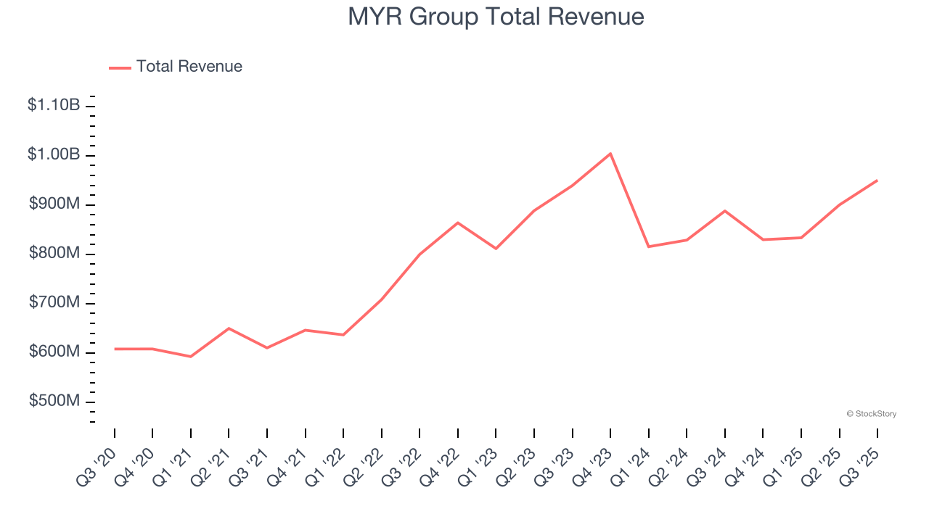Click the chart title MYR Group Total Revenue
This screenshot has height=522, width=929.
(x=496, y=17)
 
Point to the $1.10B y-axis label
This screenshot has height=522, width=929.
(x=54, y=105)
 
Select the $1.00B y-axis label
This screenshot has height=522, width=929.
(x=54, y=154)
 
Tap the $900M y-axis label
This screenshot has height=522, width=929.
(x=54, y=204)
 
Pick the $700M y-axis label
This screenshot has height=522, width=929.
(x=54, y=302)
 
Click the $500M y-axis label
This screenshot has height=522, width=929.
(x=54, y=401)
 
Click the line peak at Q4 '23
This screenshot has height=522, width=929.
(x=610, y=154)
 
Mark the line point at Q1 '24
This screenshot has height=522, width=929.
(x=648, y=246)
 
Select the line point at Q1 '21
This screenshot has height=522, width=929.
(x=190, y=357)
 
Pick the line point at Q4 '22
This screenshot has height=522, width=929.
(x=458, y=223)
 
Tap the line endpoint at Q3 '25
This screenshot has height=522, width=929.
(x=877, y=180)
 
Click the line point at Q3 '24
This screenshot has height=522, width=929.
(x=725, y=211)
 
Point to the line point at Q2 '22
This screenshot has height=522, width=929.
(x=381, y=299)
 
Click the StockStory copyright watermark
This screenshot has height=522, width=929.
(x=871, y=414)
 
